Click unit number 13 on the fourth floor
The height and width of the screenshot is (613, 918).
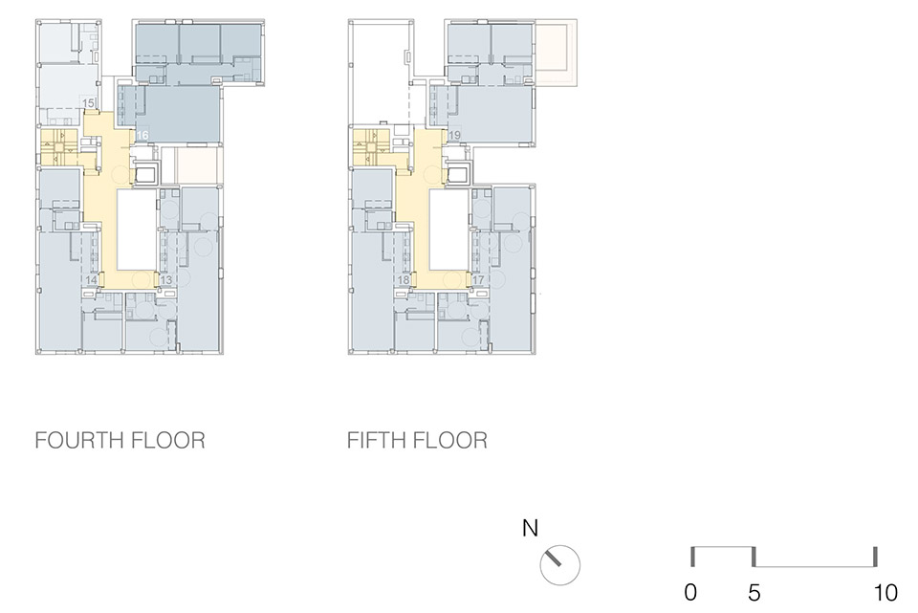tap(166, 281)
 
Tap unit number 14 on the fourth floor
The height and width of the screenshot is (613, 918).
tap(92, 280)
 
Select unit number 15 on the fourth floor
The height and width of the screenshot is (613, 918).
tap(88, 103)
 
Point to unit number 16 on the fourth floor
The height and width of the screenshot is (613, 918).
tap(142, 137)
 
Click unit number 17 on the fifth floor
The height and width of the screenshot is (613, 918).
tap(478, 280)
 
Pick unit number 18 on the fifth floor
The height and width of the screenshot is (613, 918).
tap(404, 280)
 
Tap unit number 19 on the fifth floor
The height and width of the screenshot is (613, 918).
tap(454, 136)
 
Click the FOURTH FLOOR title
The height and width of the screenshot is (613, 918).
tap(120, 441)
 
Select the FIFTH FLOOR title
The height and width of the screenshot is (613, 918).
tap(417, 441)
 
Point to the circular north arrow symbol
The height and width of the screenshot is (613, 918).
tap(560, 564)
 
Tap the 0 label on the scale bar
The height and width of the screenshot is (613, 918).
tap(691, 593)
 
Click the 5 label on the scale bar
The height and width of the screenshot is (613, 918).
tap(754, 593)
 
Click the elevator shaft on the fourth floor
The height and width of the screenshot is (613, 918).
tap(145, 175)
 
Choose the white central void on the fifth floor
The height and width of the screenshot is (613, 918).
tap(448, 230)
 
